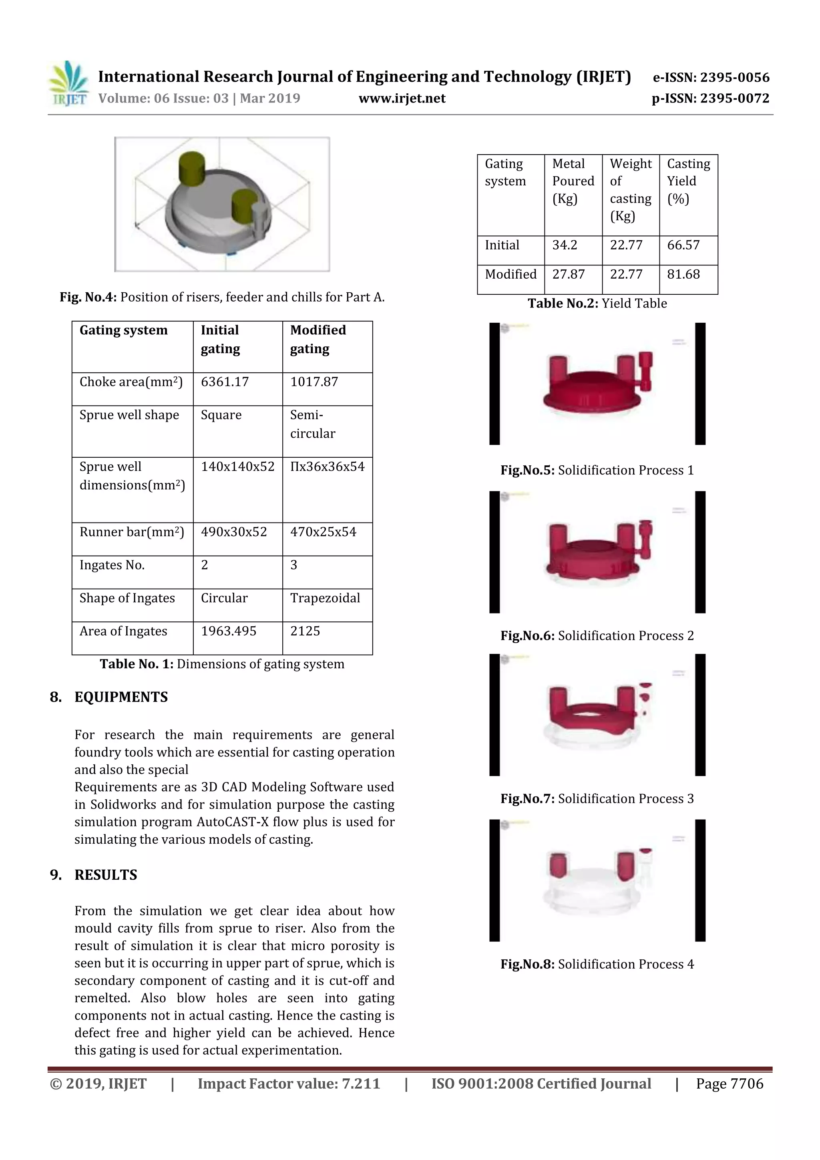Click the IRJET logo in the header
click(x=68, y=84)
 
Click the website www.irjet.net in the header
click(x=402, y=99)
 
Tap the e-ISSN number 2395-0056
click(x=734, y=77)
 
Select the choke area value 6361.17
click(x=225, y=382)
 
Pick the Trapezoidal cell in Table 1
click(x=325, y=598)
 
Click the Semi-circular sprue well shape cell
click(x=313, y=424)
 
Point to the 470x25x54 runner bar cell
click(x=323, y=532)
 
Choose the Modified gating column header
click(x=318, y=340)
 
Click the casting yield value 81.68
click(x=683, y=274)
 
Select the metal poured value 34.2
click(x=564, y=245)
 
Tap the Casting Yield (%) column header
click(x=688, y=181)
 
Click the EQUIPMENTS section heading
click(x=121, y=697)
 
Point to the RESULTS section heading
click(x=106, y=875)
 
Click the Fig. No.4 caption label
click(x=88, y=297)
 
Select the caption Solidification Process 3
click(x=625, y=799)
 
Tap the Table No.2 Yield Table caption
click(x=597, y=304)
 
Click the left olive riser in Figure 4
click(x=192, y=168)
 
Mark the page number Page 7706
click(x=730, y=1084)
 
